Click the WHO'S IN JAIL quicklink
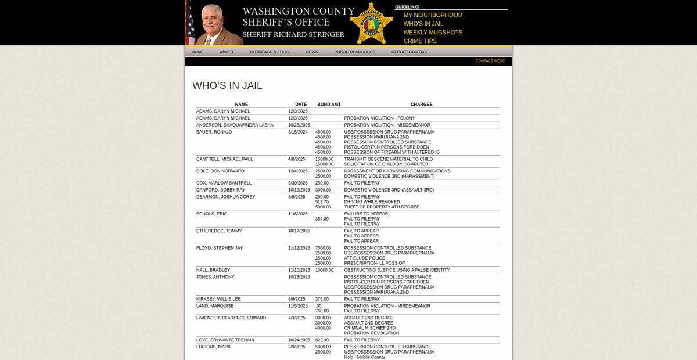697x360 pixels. (423, 24)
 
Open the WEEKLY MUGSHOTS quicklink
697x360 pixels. (433, 33)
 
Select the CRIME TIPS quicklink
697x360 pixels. (420, 41)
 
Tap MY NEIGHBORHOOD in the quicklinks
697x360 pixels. (433, 15)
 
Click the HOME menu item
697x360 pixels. (197, 52)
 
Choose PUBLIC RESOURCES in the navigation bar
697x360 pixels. (354, 52)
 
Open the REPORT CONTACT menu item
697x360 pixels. (409, 52)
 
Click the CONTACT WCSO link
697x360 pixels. (490, 61)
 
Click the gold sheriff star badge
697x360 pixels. (371, 24)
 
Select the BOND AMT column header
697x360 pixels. (329, 105)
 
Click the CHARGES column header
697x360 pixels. (421, 105)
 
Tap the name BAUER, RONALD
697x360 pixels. (214, 132)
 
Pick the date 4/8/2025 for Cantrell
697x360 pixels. (296, 159)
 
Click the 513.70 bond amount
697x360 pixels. (322, 202)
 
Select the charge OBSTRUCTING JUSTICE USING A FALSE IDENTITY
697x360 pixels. (397, 270)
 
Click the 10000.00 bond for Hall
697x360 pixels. (324, 270)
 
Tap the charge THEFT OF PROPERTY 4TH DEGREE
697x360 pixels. (382, 207)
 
